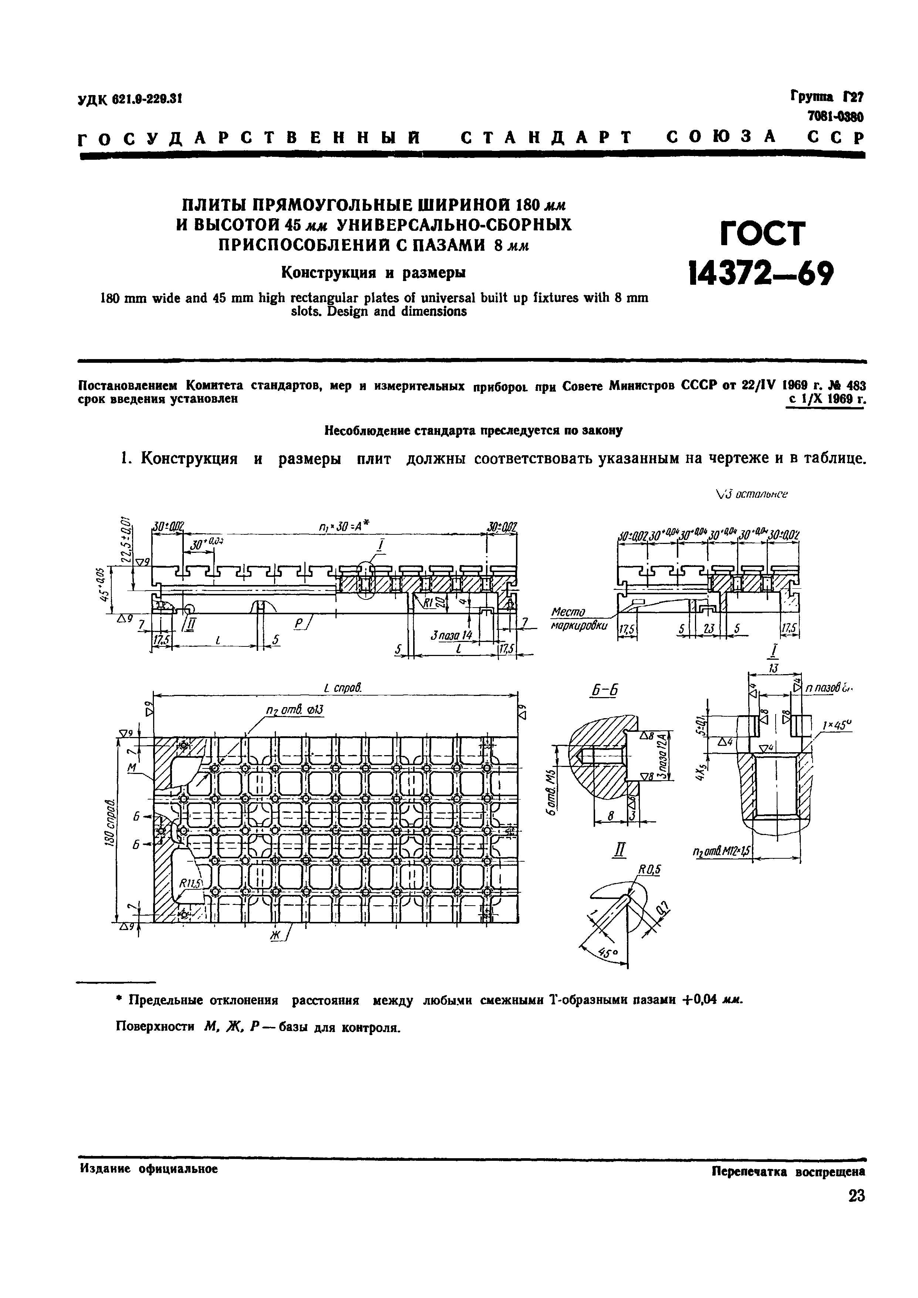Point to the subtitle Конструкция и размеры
coord(374,273)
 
